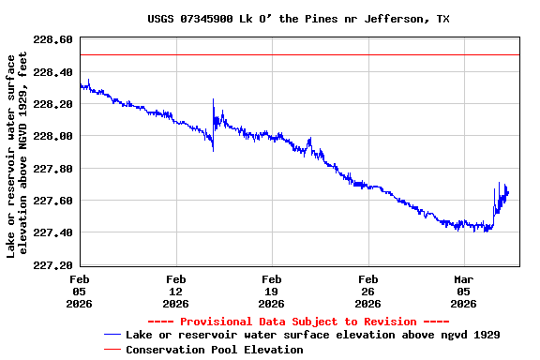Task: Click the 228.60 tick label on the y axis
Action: coord(53,40)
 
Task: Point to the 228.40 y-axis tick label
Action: coord(53,72)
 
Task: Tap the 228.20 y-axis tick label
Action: coord(53,104)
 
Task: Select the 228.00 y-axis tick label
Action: coord(53,136)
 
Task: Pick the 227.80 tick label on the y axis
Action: coord(53,169)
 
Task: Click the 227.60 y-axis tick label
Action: coord(53,201)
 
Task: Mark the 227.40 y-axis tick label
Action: coord(53,232)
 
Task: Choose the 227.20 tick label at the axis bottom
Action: coord(53,265)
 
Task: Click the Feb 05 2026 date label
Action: coord(80,291)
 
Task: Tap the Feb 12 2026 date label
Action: coord(175,291)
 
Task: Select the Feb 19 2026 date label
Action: coord(272,291)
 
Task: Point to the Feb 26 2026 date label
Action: coord(368,291)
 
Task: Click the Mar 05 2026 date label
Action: coord(464,291)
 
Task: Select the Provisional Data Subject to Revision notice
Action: coord(299,322)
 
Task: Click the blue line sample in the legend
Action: coord(112,335)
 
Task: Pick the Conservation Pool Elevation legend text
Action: coord(215,350)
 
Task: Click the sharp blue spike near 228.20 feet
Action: coord(214,100)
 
